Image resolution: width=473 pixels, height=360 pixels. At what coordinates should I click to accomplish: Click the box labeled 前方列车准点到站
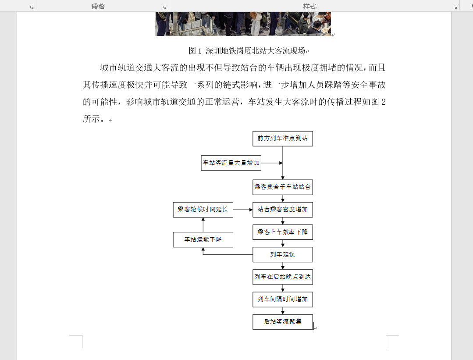pyautogui.click(x=283, y=139)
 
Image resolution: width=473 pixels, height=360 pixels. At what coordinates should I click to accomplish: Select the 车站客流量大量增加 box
pyautogui.click(x=231, y=163)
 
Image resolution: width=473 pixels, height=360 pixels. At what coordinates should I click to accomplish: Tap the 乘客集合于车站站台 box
pyautogui.click(x=283, y=187)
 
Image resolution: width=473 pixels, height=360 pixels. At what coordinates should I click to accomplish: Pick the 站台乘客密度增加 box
pyautogui.click(x=283, y=210)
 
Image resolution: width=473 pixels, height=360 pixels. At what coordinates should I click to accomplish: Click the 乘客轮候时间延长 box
pyautogui.click(x=203, y=210)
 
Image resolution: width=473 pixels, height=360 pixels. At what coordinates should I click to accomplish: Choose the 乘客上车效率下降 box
pyautogui.click(x=283, y=232)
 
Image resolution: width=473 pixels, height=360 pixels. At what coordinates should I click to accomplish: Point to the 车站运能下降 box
pyautogui.click(x=203, y=239)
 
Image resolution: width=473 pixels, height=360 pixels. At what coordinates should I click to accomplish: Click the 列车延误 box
pyautogui.click(x=283, y=255)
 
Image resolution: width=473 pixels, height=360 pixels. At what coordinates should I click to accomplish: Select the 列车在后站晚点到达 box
pyautogui.click(x=283, y=277)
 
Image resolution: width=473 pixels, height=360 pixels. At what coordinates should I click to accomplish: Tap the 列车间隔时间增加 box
pyautogui.click(x=283, y=299)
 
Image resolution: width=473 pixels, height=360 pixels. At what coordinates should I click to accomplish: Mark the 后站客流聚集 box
pyautogui.click(x=283, y=322)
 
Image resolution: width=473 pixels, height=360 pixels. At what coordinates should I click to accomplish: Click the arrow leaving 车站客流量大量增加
pyautogui.click(x=272, y=163)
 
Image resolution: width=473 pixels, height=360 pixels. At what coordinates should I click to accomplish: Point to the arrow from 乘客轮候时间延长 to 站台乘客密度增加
pyautogui.click(x=243, y=210)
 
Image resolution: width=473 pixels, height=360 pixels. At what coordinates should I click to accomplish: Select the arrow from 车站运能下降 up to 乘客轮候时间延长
pyautogui.click(x=203, y=225)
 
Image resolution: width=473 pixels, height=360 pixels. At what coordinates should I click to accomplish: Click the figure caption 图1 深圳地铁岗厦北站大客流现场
pyautogui.click(x=247, y=51)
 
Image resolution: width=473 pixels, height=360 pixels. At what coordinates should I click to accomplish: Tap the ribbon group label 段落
pyautogui.click(x=98, y=6)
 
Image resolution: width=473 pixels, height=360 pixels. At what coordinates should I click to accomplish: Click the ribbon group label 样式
pyautogui.click(x=310, y=6)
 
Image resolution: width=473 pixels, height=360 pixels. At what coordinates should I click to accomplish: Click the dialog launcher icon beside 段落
pyautogui.click(x=164, y=7)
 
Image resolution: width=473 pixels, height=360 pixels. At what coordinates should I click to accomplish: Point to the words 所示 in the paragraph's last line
pyautogui.click(x=91, y=119)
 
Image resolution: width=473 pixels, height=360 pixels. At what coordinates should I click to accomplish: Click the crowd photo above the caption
pyautogui.click(x=243, y=24)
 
